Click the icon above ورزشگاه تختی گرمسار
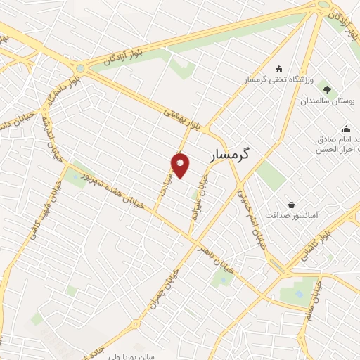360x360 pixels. tap(279, 69)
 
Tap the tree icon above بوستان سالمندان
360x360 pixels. tap(327, 88)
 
